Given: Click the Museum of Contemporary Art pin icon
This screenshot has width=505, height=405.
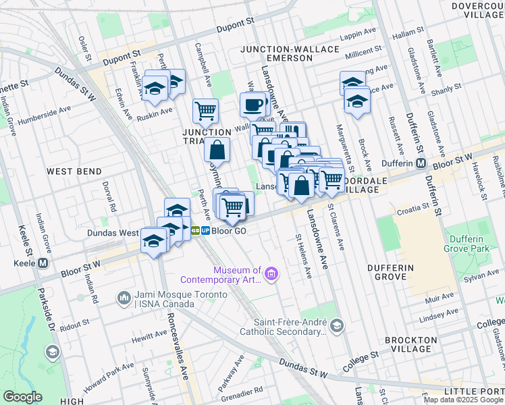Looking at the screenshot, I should [x=271, y=273].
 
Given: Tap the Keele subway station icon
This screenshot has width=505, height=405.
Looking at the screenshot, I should [x=43, y=263].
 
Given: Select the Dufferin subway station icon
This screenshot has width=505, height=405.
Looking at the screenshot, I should [x=421, y=164].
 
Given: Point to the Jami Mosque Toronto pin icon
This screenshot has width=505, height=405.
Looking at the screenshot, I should [x=124, y=298].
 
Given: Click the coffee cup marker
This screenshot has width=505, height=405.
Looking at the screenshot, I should [x=253, y=105].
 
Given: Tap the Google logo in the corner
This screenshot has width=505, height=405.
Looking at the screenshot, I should [x=22, y=397].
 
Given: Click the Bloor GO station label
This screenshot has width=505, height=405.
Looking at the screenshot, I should [x=228, y=230].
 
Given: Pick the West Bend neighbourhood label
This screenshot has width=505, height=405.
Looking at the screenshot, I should [x=74, y=172].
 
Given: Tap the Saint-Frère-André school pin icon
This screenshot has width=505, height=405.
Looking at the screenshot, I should [x=337, y=327].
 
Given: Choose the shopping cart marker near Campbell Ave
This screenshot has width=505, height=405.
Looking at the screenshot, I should [x=205, y=110].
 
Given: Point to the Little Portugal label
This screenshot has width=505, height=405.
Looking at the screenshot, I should [x=473, y=391].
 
